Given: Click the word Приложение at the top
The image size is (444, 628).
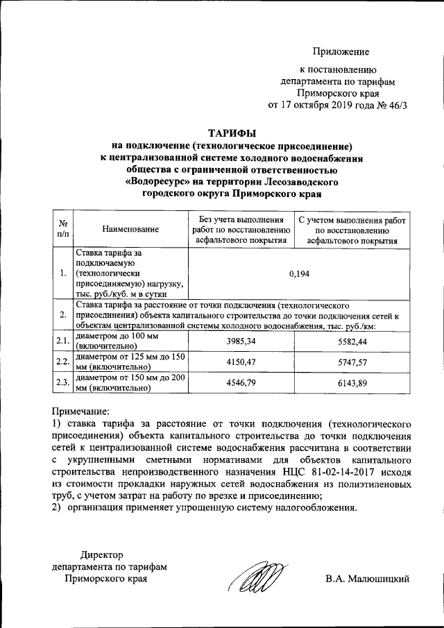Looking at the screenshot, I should click(341, 52).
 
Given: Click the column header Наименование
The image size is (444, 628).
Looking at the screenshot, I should click(130, 229).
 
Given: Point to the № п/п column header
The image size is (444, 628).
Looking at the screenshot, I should click(62, 229).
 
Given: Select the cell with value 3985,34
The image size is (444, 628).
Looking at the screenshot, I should click(241, 341).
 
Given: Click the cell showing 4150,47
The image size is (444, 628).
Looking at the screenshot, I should click(241, 362).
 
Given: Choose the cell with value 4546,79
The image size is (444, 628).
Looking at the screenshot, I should click(241, 382).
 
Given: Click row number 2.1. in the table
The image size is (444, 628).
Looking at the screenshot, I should click(62, 341).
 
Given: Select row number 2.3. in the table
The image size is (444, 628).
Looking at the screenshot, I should click(62, 382).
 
